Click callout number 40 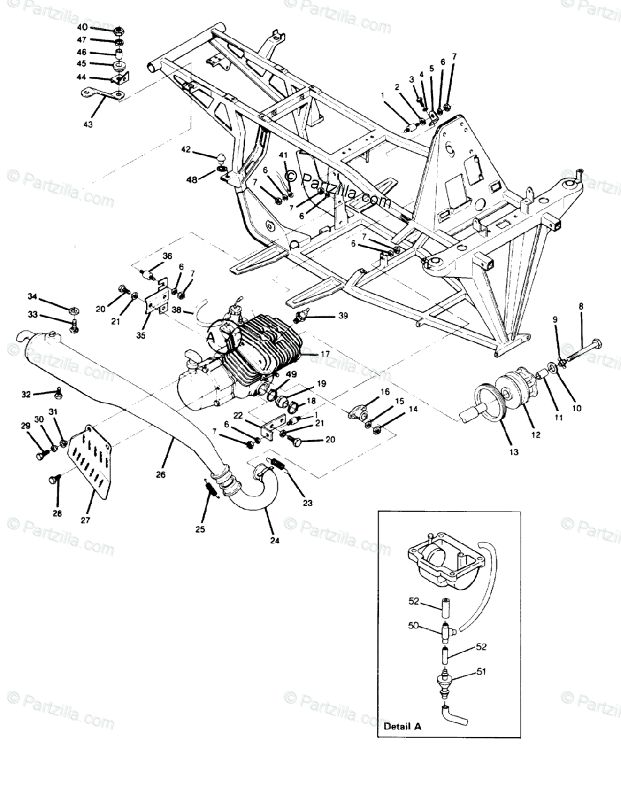coord(82,28)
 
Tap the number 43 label coord(88,123)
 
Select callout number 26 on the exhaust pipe coord(161,473)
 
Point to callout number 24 coord(275,541)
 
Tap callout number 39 coord(343,316)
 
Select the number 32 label coord(26,394)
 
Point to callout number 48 coord(191,180)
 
